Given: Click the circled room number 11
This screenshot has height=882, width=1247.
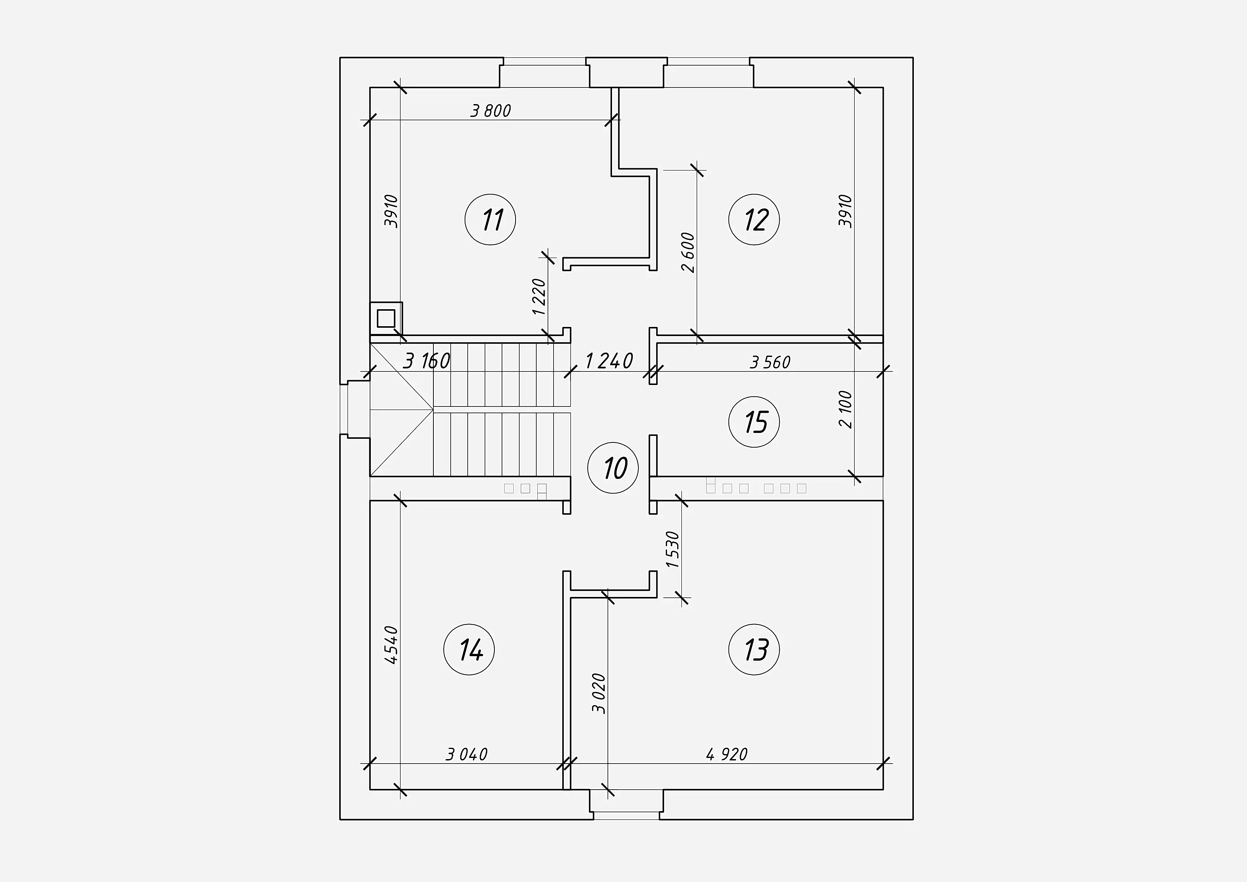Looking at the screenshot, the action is coord(490,219).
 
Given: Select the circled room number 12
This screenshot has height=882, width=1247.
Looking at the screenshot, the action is coord(754,219).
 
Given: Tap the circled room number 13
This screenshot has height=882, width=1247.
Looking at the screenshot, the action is coord(754,649).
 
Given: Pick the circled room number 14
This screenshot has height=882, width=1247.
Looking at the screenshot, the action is coord(469,649).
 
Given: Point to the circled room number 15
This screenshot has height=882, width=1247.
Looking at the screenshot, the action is coord(754,422).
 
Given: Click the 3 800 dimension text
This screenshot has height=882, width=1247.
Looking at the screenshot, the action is coord(490,111).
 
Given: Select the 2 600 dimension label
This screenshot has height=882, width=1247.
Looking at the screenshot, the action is coord(688,252).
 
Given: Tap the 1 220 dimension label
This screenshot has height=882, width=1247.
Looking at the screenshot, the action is coord(539,297).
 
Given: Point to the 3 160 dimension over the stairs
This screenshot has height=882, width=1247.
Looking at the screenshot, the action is coord(427,361).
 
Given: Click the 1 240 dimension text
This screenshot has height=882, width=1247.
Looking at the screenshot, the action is coord(609,361).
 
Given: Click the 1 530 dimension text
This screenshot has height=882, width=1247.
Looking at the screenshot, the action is coord(672,549).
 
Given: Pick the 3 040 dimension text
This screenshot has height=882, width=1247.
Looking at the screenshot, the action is coord(467,754).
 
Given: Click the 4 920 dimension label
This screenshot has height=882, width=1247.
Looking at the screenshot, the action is coord(727,754).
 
